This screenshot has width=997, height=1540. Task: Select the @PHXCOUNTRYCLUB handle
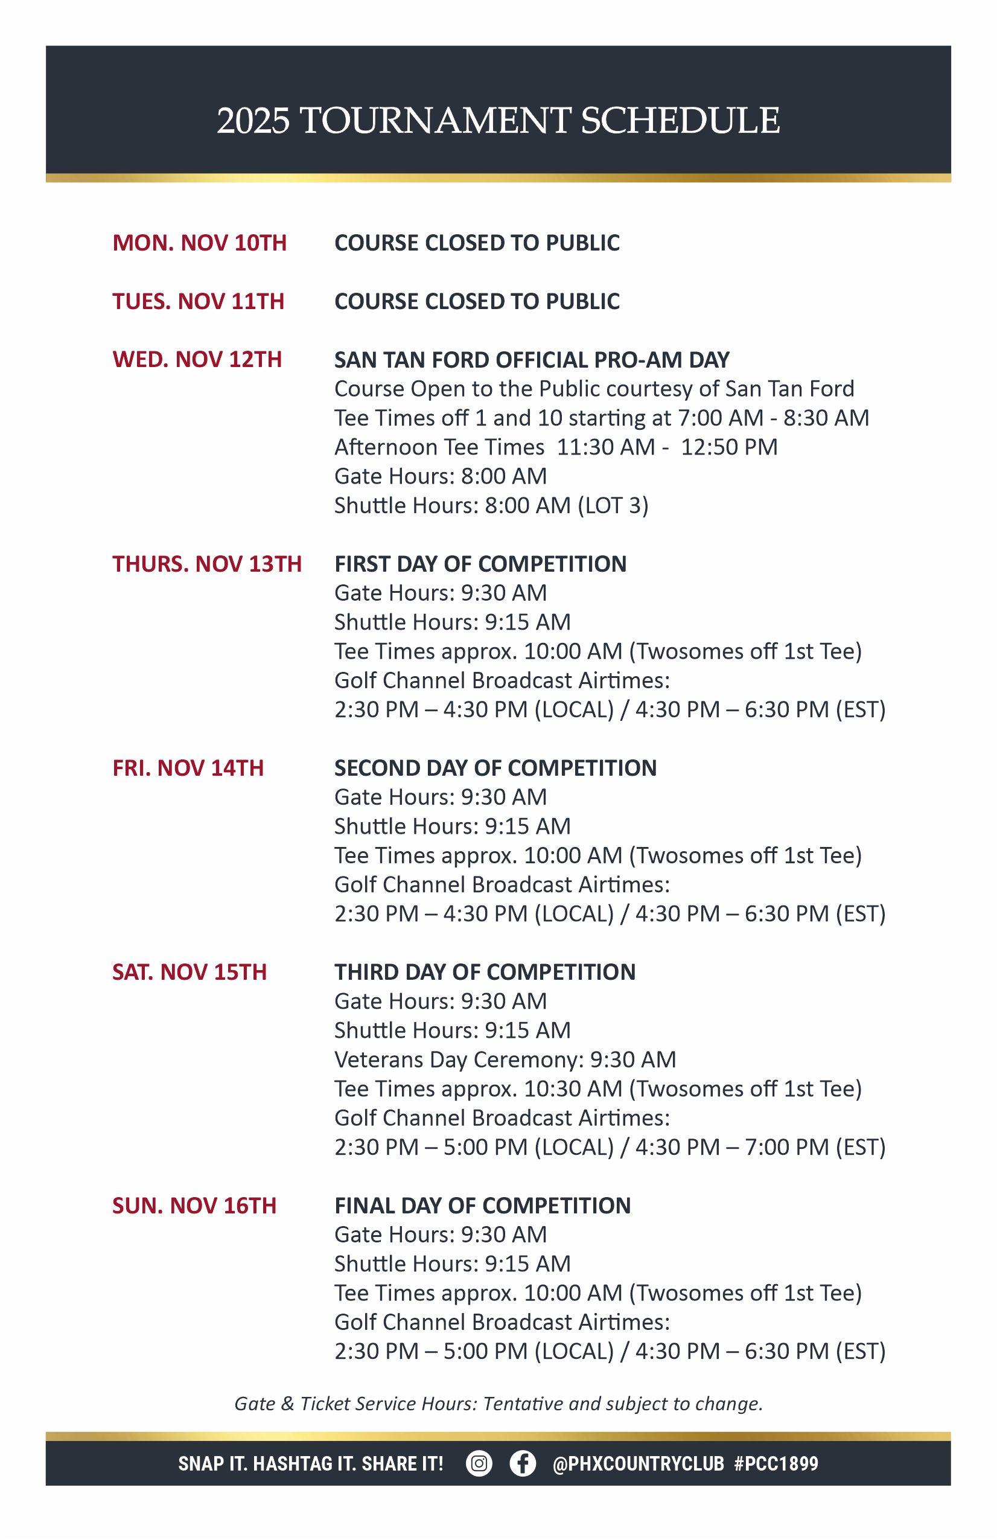(638, 1464)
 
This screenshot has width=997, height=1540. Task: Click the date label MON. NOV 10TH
(199, 243)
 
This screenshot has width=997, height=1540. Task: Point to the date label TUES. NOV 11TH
(198, 301)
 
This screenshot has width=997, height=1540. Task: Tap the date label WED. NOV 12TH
(197, 359)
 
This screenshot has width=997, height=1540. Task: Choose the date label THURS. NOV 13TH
(207, 564)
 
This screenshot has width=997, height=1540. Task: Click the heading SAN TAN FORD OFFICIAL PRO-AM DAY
(532, 359)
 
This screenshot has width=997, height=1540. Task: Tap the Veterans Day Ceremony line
(505, 1059)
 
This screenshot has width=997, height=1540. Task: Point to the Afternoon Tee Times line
(556, 447)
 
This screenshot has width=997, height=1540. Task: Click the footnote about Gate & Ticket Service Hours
(498, 1404)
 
